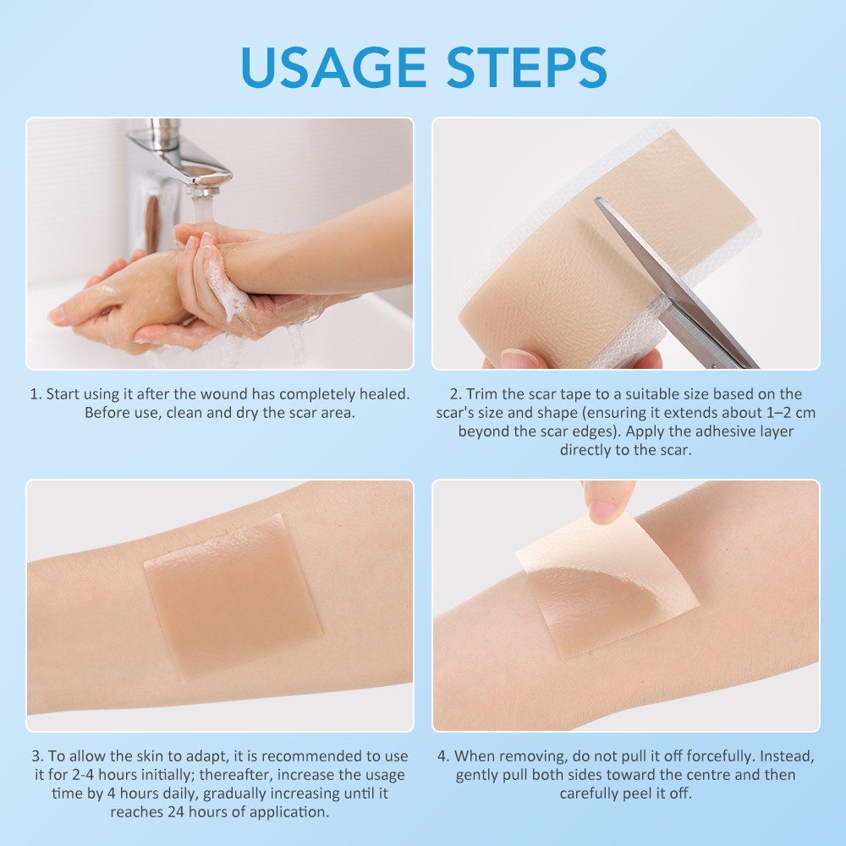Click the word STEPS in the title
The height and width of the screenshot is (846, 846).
click(527, 67)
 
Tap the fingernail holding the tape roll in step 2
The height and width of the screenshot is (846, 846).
click(519, 359)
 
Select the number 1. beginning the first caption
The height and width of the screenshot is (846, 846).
click(36, 394)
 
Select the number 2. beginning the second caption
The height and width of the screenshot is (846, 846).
click(456, 394)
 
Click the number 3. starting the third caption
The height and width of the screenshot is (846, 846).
click(37, 755)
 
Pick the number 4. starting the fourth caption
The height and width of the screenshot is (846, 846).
click(443, 755)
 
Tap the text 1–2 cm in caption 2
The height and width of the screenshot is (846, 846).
click(791, 413)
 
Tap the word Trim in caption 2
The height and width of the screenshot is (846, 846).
click(481, 394)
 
